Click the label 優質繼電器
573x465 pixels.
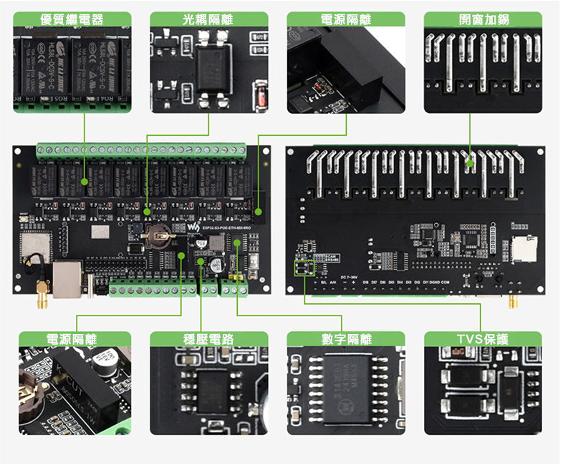point(72,19)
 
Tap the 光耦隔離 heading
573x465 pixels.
point(208,19)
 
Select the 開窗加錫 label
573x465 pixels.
point(483,19)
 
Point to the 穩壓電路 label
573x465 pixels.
point(208,339)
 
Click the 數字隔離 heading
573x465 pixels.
point(347,339)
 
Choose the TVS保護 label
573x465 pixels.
point(483,339)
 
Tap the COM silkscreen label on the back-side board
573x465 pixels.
point(446,283)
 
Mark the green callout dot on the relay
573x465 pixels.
point(85,182)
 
